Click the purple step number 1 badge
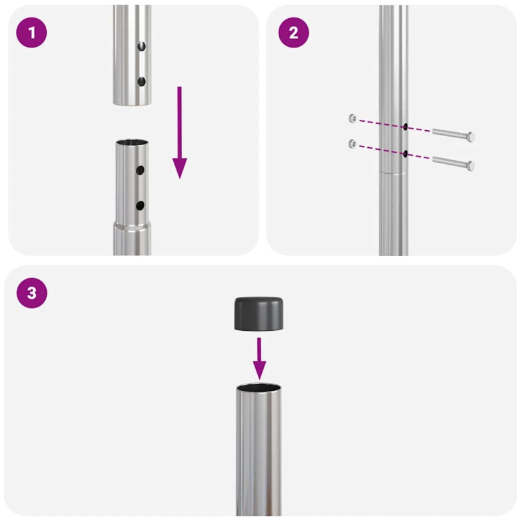32,33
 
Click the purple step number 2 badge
293,33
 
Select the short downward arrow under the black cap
260,358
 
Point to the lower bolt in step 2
453,162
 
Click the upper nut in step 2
352,118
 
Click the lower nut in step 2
352,143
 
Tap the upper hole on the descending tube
141,48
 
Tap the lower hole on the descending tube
141,81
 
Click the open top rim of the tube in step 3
260,388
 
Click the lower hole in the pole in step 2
405,154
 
